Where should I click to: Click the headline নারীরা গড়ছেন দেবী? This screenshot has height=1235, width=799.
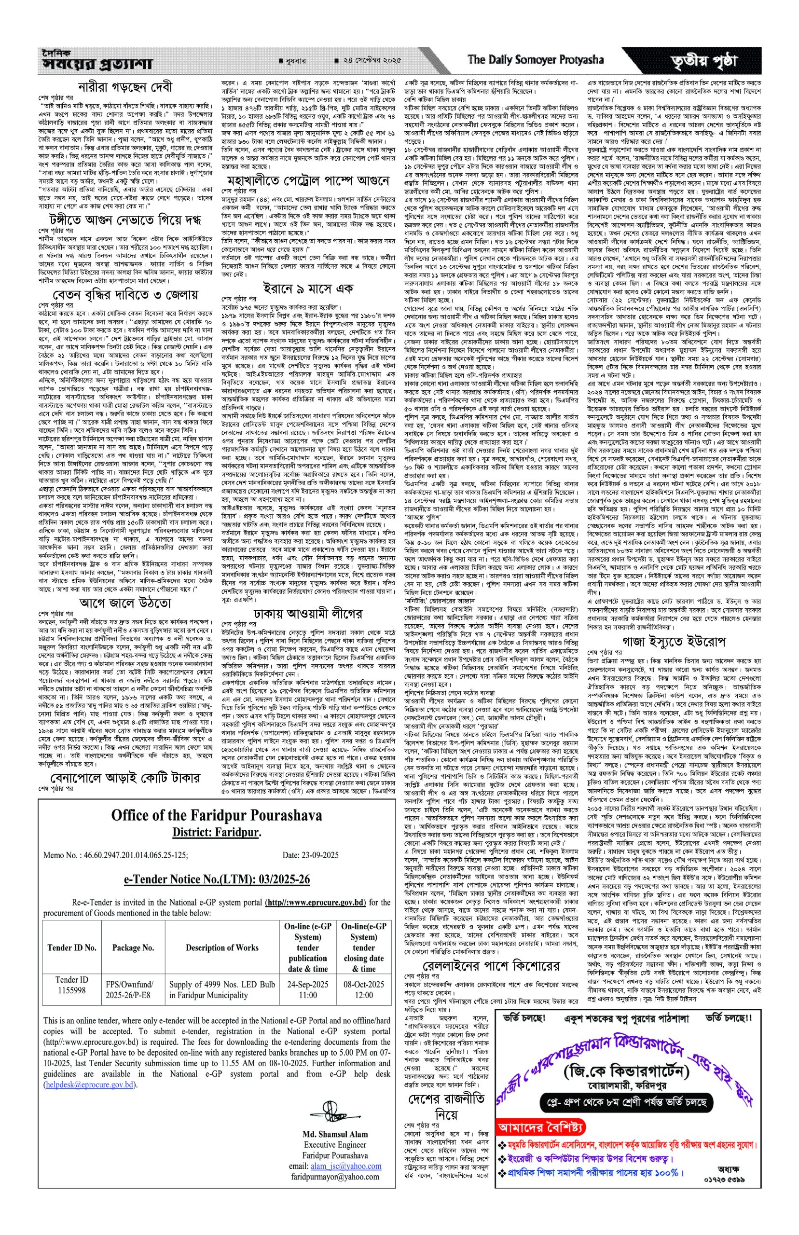tap(125, 87)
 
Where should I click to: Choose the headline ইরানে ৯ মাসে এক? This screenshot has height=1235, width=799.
tap(308, 288)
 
